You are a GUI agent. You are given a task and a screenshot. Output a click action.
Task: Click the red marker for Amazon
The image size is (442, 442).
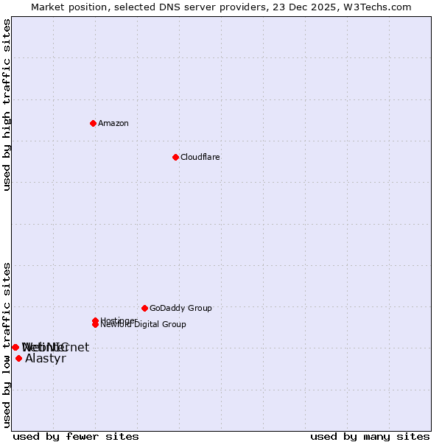(x=93, y=123)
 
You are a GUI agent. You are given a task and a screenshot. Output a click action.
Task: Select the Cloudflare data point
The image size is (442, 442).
(x=175, y=157)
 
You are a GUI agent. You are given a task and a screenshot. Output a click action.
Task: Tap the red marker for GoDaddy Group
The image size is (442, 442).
(x=144, y=308)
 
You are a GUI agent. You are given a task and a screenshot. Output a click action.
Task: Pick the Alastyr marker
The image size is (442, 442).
(x=18, y=358)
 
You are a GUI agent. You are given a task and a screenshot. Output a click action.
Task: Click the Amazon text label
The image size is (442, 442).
(x=113, y=123)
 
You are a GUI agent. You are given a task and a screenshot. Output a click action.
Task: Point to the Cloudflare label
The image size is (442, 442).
(x=200, y=157)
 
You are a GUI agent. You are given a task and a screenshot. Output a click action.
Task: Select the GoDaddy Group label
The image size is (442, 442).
(x=180, y=308)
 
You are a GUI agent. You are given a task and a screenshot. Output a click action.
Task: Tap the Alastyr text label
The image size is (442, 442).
(x=46, y=359)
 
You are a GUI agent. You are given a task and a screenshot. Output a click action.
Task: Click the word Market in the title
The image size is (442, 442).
(x=49, y=7)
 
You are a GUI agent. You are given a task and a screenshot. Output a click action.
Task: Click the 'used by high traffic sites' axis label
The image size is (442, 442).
(x=7, y=105)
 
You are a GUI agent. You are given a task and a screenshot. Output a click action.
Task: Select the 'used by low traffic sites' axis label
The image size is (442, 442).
(x=7, y=344)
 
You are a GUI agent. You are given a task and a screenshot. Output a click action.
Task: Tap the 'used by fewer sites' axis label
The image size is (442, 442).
(x=76, y=436)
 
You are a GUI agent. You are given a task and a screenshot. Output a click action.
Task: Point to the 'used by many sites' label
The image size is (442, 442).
(x=370, y=436)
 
